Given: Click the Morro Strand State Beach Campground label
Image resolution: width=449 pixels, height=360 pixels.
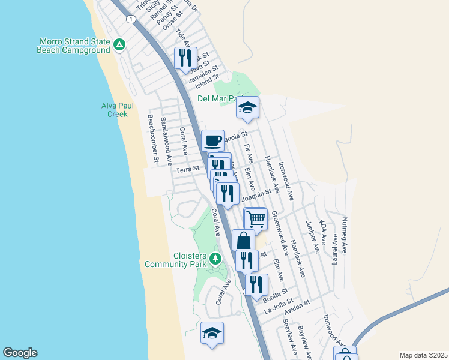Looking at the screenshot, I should (74, 46).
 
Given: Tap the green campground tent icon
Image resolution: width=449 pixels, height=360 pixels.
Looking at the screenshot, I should (119, 44).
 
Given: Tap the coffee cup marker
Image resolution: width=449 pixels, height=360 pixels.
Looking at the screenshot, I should (212, 141).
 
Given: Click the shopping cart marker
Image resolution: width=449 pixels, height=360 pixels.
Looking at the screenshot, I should (256, 219).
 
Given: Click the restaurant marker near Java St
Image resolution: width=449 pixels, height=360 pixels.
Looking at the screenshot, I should (184, 58).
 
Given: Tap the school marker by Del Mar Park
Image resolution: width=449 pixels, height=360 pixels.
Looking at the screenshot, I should (247, 107).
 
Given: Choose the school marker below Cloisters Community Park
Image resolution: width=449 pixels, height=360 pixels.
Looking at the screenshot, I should (212, 333).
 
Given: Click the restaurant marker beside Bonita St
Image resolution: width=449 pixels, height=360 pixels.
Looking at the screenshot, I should (256, 284).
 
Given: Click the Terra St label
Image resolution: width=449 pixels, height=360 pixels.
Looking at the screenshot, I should (187, 170).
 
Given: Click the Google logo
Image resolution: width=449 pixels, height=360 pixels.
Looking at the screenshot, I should (20, 353).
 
